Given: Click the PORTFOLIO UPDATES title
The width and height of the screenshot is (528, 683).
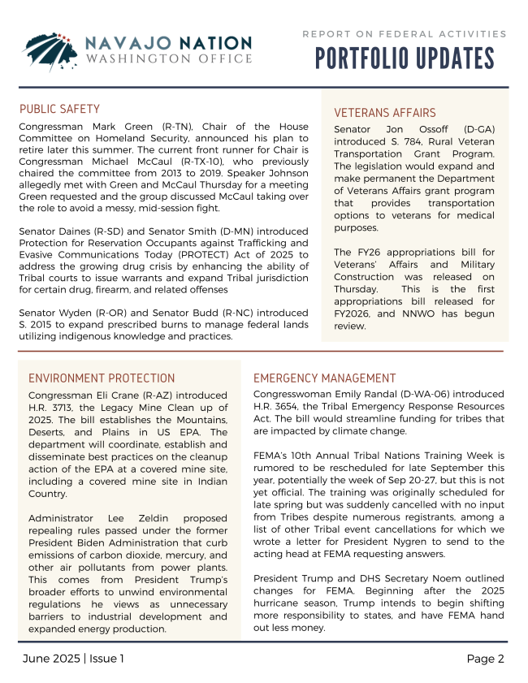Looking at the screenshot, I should point(404,59).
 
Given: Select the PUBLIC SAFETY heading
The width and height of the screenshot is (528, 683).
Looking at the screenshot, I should point(59,109).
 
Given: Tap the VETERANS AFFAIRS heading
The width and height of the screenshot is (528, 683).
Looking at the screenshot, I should point(385,113).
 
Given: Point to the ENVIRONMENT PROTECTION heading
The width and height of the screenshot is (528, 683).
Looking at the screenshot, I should point(90,378).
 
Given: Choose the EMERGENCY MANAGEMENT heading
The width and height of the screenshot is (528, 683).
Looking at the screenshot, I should point(324,378).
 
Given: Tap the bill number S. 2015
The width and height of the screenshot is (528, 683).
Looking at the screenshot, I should point(37,325).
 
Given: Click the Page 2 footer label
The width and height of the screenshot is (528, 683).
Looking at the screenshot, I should point(485,659).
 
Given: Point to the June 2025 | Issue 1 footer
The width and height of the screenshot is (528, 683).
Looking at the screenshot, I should point(72,659).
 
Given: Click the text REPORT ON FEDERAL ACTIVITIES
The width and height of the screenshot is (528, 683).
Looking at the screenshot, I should point(404,34).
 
